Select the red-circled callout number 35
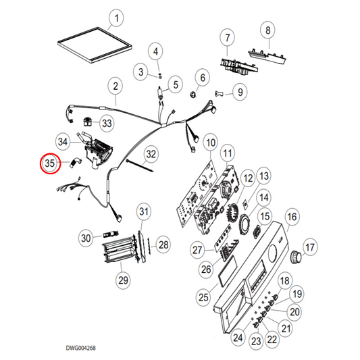49,163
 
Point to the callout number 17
310,248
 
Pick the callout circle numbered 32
151,154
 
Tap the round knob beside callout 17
294,257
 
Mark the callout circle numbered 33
107,123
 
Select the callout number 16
291,217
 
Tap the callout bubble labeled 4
156,51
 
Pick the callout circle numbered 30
86,238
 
